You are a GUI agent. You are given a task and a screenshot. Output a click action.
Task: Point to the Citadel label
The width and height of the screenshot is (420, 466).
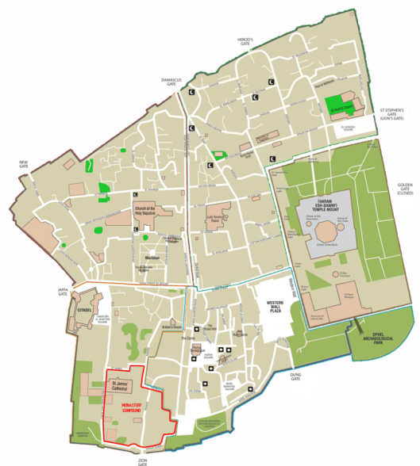point(86,300)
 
